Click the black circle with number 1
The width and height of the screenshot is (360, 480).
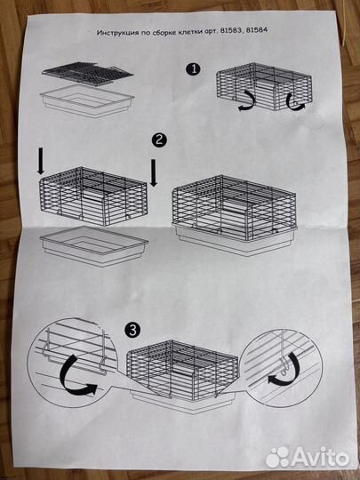tap(193, 69)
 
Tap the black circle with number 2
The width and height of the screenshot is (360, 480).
tap(159, 140)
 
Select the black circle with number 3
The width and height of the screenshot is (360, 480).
tap(132, 331)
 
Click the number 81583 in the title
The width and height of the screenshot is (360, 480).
tap(230, 30)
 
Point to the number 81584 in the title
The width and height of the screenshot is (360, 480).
tap(256, 30)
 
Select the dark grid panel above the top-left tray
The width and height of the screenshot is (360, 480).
tap(87, 74)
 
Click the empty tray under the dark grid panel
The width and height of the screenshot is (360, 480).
tap(87, 100)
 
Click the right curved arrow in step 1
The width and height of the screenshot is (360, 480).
tap(295, 102)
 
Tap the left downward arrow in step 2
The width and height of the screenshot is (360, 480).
tap(40, 160)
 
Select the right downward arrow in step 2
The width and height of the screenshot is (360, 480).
tap(154, 172)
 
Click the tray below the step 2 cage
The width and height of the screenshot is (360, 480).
tap(94, 246)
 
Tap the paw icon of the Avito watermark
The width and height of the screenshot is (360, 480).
tap(277, 457)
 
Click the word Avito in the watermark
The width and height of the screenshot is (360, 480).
tap(320, 457)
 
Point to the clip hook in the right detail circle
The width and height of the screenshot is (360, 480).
tap(284, 367)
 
